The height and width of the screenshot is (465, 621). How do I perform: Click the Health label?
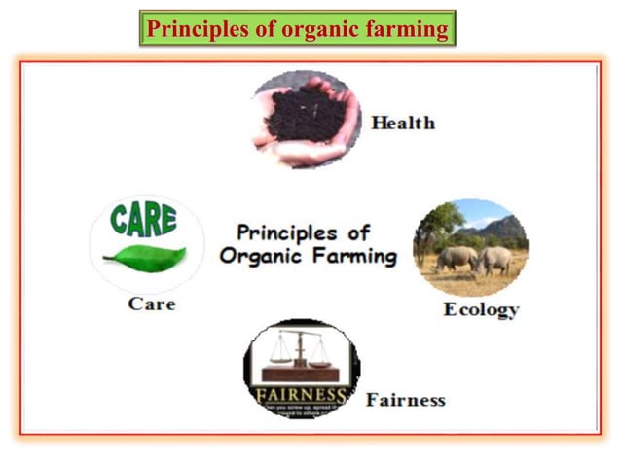tap(402, 124)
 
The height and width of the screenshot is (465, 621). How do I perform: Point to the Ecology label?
tap(481, 309)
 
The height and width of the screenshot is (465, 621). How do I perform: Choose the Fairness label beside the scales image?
tap(405, 400)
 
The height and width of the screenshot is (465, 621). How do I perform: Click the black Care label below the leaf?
tap(152, 304)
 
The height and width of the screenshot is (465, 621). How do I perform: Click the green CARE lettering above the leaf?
tap(143, 219)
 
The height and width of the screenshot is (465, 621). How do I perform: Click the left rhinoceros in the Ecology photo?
tap(455, 258)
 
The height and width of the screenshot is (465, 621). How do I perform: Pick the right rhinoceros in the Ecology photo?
tap(494, 260)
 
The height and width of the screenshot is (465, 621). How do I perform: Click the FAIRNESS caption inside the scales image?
tap(301, 395)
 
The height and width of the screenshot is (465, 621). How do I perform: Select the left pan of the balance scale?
tap(279, 360)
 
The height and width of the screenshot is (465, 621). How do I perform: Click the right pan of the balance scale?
tap(321, 362)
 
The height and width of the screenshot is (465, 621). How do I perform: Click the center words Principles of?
tap(303, 233)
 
